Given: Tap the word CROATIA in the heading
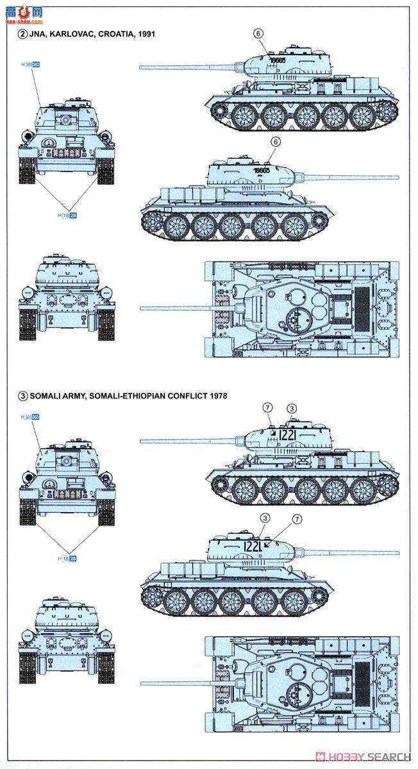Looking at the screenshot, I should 117,33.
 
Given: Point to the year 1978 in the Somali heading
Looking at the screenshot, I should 217,395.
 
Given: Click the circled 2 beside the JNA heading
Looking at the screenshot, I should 23,33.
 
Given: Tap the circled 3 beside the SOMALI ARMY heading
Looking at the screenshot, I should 23,395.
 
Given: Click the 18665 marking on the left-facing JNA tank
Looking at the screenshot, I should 278,60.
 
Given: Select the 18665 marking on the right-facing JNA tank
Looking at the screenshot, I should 263,170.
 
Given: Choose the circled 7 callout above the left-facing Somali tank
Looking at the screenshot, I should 268,408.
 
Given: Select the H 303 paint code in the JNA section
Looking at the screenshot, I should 30,65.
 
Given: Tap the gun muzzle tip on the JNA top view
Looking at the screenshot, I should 142,308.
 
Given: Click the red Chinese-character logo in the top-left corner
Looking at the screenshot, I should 21,11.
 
